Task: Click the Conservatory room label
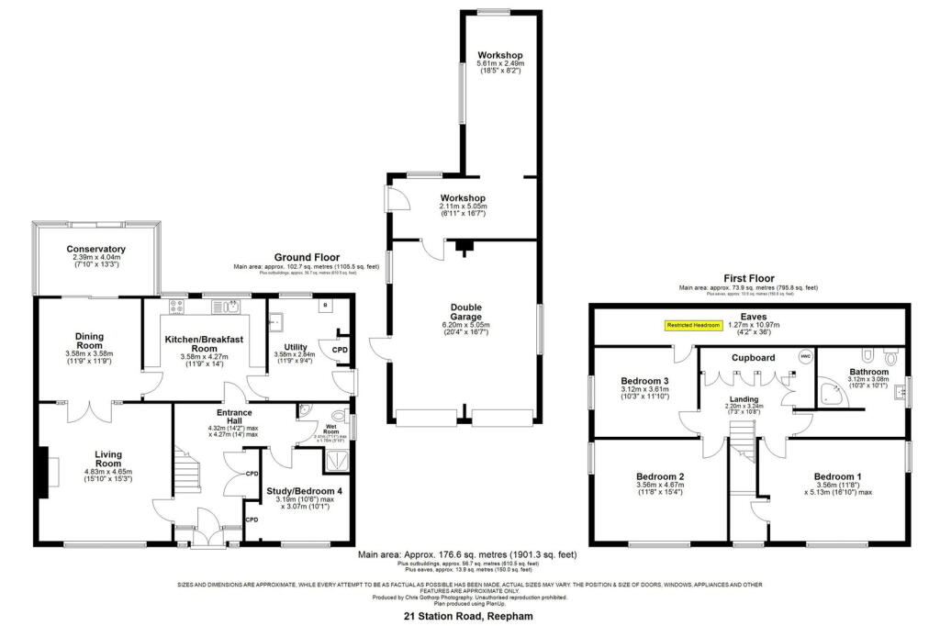click(x=95, y=250)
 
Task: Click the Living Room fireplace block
click(x=42, y=473)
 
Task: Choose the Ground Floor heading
click(x=307, y=257)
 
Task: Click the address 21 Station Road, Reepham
click(x=469, y=617)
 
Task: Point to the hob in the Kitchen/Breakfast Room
click(x=175, y=307)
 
